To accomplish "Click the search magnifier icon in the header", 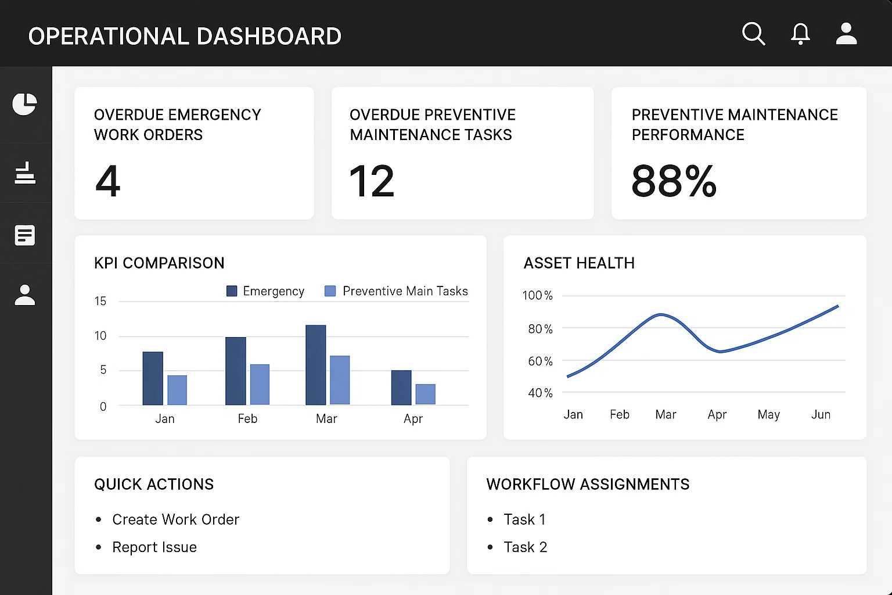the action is tap(753, 34).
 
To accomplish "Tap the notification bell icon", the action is tap(800, 34).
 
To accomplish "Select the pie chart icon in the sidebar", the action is tap(25, 105).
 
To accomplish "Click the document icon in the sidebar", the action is tap(25, 235).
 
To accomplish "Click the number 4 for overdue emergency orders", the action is tap(107, 181).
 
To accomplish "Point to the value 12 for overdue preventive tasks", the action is tap(372, 181).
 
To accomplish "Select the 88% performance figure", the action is tap(674, 181).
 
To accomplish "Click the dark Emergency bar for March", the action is tap(316, 365).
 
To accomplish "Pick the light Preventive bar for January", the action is tap(177, 390).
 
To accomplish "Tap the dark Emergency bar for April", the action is tap(401, 388).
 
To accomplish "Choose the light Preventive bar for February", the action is tap(260, 385).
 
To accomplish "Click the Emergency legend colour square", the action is tap(232, 291).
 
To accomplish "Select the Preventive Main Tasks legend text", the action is tap(405, 291).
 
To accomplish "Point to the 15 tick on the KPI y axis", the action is tap(100, 301).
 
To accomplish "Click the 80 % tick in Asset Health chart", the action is tap(541, 329).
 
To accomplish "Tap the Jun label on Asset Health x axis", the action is tap(821, 414).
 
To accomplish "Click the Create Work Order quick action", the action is tap(175, 519).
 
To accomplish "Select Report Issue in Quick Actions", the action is tap(154, 547).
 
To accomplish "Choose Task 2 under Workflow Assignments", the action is tap(525, 547).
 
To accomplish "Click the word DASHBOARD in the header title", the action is tap(269, 36).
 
